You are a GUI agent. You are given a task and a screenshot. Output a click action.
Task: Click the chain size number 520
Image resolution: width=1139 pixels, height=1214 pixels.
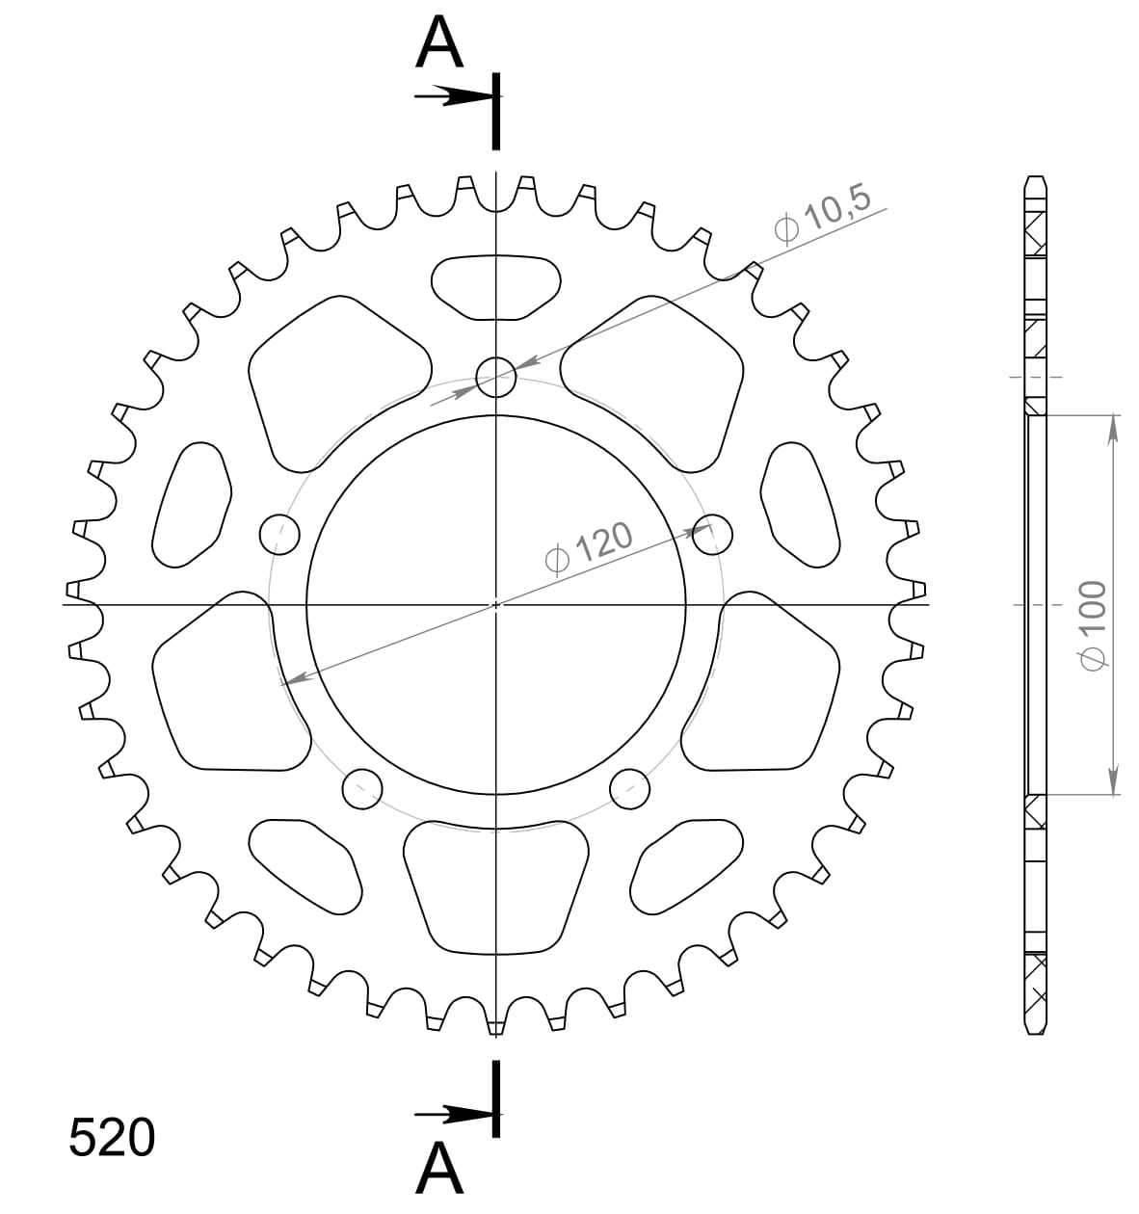tap(112, 1138)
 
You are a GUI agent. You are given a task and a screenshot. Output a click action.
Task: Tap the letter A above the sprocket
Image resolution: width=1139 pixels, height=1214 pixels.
tap(438, 45)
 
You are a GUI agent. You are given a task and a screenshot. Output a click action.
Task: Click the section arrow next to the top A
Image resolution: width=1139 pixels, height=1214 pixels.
tap(453, 96)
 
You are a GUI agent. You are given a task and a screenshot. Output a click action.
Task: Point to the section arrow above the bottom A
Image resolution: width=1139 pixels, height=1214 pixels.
tap(453, 1116)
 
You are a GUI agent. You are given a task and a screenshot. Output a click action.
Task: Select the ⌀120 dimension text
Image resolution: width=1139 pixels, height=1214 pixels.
tap(589, 548)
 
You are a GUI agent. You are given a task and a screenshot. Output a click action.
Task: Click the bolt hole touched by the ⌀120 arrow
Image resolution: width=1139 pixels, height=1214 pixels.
tap(712, 534)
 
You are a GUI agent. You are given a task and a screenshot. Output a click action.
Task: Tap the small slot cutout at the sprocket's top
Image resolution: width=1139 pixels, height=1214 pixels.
tap(496, 286)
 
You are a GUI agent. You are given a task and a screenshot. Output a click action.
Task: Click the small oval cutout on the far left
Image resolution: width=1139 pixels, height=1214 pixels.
tap(192, 505)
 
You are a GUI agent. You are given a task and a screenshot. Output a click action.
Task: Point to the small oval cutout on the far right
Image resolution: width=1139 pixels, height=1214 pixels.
tap(799, 504)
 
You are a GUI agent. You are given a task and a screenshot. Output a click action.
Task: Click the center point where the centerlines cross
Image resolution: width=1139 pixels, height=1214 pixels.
tap(496, 605)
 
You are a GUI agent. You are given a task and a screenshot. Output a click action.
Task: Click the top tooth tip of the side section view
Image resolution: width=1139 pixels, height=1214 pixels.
tap(1035, 180)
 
